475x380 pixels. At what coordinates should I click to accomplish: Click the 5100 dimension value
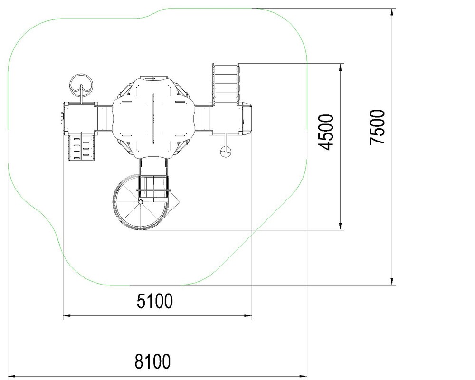154,301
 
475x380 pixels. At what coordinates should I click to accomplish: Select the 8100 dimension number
152,361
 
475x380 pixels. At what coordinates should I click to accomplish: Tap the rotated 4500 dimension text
326,132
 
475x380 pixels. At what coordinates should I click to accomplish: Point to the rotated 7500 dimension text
377,127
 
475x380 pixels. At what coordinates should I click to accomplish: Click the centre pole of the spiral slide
141,202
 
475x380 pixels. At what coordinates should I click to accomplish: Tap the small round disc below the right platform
226,152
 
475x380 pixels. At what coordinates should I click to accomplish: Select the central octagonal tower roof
153,117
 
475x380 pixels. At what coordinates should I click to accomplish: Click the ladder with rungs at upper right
226,83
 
